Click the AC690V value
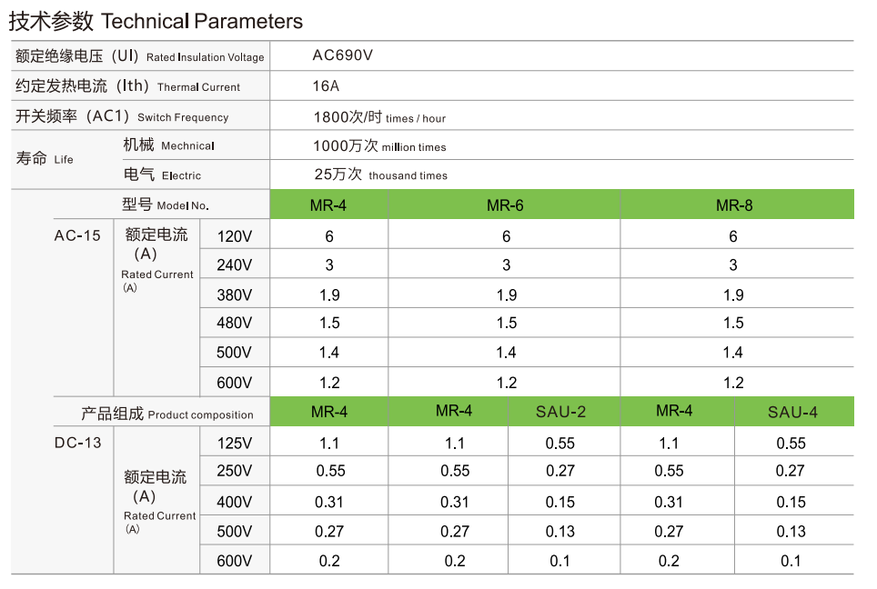point(343,55)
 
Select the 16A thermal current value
point(326,86)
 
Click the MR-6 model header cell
point(505,205)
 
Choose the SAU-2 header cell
point(560,412)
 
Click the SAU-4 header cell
point(791,412)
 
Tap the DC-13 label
point(77,443)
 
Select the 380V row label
point(235,294)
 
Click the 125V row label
point(235,444)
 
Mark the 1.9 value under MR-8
point(733,294)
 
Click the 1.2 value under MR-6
point(506,383)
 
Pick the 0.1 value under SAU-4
point(791,561)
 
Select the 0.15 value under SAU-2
point(560,502)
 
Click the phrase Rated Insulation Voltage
point(205,57)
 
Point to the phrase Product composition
point(200,414)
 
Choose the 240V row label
point(235,265)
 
